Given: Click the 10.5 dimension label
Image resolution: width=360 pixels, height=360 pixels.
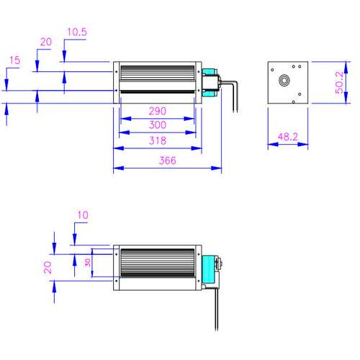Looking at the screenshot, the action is tap(77, 32).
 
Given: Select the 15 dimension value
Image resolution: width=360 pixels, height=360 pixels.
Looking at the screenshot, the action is tap(14, 60).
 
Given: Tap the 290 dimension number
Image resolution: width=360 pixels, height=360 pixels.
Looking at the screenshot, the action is tap(158, 111).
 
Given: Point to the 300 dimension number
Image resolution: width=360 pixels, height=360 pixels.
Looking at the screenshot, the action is tap(158, 125).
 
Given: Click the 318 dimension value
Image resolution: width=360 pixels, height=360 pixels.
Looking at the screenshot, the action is tap(158, 140).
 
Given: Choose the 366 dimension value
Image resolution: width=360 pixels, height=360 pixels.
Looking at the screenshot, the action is tap(168, 161).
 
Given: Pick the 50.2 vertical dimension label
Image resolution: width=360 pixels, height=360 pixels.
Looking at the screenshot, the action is tap(339, 83).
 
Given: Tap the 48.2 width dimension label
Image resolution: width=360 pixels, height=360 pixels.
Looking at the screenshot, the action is tap(288, 137).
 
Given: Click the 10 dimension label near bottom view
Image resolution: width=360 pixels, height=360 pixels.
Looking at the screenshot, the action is tap(83, 215).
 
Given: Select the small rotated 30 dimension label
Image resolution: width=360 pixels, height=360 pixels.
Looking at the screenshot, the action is tap(88, 263).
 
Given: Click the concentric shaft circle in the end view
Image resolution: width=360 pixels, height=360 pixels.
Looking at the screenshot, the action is tap(284, 80).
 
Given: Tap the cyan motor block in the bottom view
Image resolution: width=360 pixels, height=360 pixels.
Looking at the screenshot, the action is tap(208, 269).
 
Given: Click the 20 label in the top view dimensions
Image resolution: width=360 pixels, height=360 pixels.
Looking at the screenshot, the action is tap(46, 42).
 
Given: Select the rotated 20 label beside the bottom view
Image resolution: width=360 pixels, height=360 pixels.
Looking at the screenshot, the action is tap(48, 267).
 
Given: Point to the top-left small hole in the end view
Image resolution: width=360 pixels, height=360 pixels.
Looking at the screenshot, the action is tap(272, 70).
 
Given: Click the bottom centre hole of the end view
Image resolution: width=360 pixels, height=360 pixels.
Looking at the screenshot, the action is tap(293, 102).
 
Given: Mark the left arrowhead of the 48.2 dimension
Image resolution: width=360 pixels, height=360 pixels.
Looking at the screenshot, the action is tap(273, 144).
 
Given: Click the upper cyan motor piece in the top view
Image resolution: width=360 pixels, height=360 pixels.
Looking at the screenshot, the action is tap(209, 71).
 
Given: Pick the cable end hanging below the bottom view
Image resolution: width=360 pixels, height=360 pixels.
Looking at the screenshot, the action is tap(217, 330).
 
